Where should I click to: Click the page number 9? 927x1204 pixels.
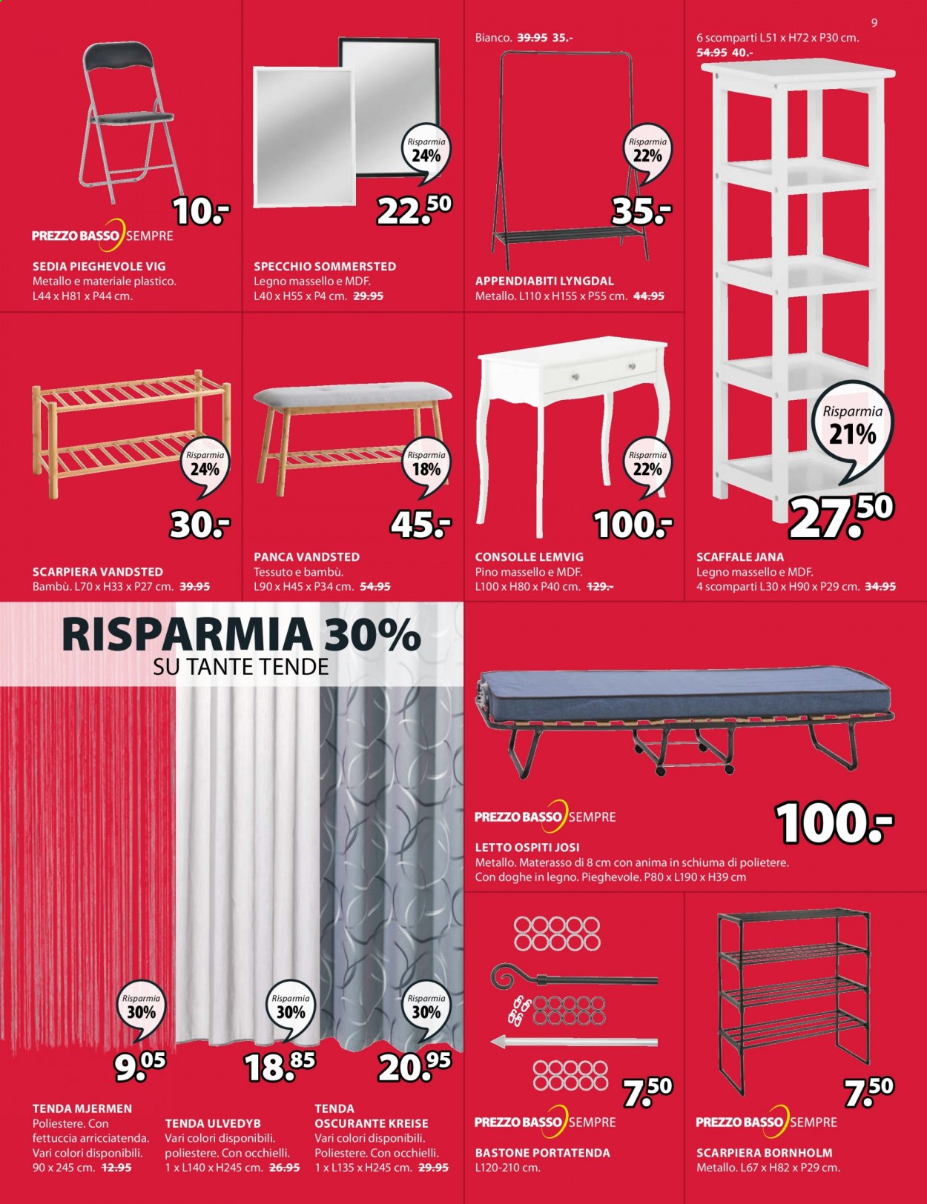point(874,23)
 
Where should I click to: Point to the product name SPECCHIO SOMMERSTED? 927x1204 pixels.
point(325,267)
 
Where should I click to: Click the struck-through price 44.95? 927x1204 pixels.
point(649,296)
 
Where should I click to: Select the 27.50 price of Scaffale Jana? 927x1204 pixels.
point(841,516)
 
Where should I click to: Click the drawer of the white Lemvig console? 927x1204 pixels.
point(601,371)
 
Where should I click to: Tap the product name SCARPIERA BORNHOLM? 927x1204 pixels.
point(765,1152)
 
